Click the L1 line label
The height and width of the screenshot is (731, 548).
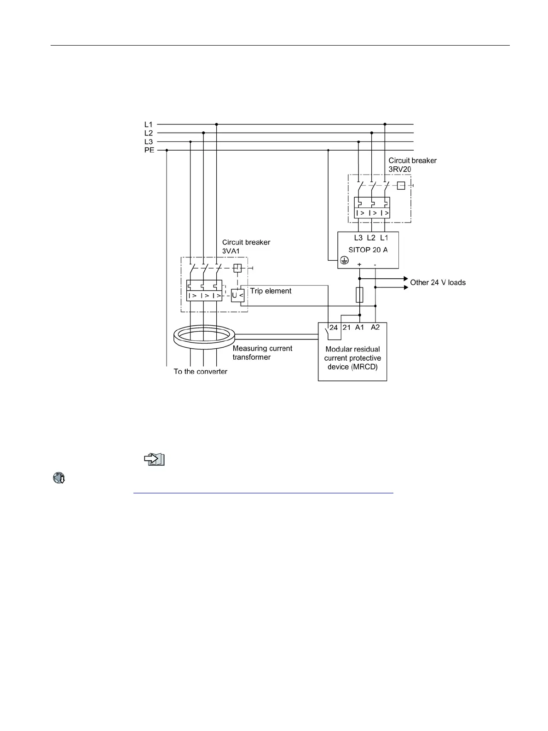point(148,124)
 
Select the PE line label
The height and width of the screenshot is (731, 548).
point(149,150)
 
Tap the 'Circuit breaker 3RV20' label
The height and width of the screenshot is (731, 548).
point(412,164)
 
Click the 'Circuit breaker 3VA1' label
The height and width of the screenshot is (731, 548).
point(246,246)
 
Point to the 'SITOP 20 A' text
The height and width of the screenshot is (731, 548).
point(368,249)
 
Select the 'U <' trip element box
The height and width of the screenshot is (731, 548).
point(237,295)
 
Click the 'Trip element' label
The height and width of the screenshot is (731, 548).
point(271,291)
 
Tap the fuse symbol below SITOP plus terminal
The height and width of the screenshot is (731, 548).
point(360,295)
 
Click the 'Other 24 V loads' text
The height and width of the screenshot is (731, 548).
point(438,282)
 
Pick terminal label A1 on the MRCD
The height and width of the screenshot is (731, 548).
point(360,327)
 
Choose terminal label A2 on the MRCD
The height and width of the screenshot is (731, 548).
point(375,327)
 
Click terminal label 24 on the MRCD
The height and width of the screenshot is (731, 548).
point(334,327)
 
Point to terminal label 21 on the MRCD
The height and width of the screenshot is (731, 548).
point(346,327)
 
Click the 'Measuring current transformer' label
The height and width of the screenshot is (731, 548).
point(262,353)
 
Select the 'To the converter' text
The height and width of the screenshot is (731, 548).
point(200,371)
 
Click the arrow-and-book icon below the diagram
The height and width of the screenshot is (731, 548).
point(154,459)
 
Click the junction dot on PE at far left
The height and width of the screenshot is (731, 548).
point(167,150)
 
